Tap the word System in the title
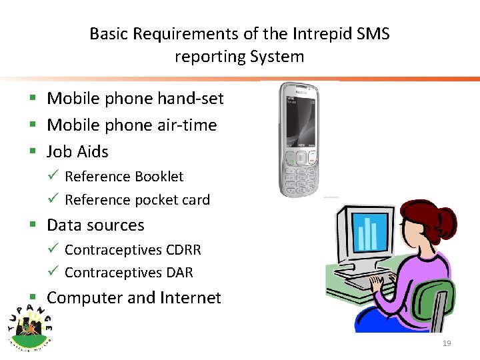point(277,57)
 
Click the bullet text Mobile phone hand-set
point(135,99)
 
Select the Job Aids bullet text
point(77,152)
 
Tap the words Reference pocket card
point(137,200)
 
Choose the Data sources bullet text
point(95,225)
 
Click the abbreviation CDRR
point(183,250)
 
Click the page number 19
point(447,343)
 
